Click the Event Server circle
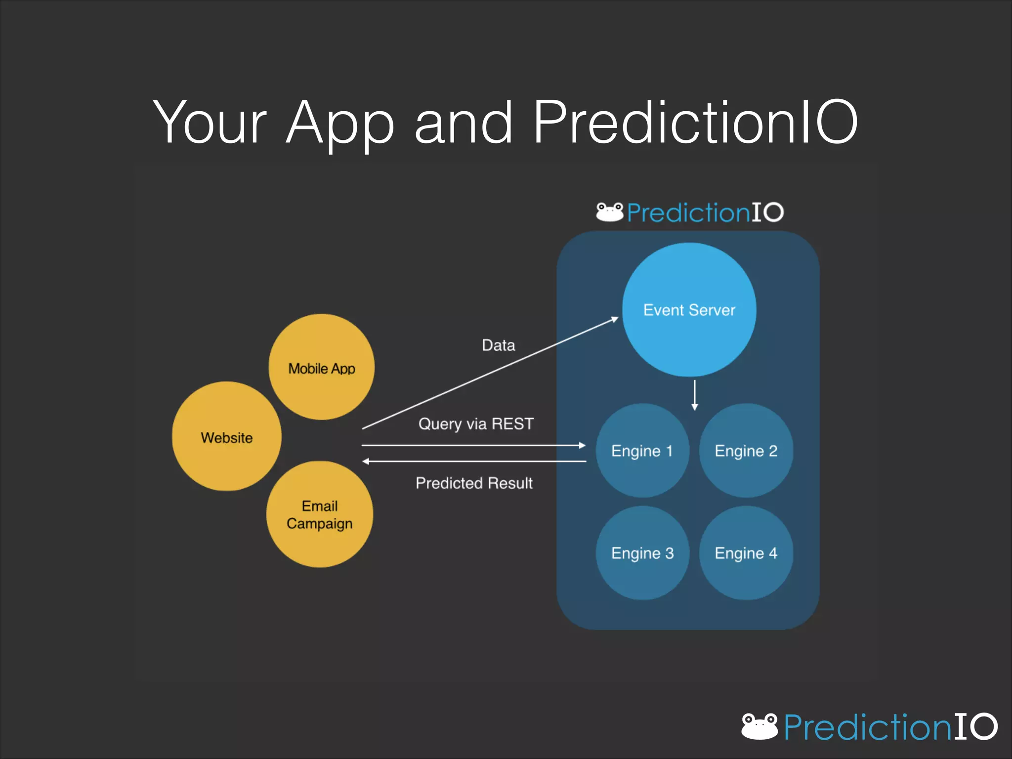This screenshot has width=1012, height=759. [x=689, y=310]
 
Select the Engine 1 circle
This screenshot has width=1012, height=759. [x=642, y=451]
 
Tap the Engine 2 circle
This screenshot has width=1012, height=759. [x=746, y=451]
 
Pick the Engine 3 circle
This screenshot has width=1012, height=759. [x=642, y=553]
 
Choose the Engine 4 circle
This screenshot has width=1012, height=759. [x=746, y=553]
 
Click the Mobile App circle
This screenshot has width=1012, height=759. [x=322, y=368]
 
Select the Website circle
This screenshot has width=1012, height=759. [x=227, y=437]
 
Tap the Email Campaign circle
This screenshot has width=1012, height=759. [x=320, y=514]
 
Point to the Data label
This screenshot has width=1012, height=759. [x=498, y=345]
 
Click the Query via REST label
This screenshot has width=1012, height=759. [x=475, y=423]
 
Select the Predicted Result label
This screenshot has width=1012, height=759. [x=474, y=483]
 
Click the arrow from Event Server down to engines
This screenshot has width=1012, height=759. [x=694, y=395]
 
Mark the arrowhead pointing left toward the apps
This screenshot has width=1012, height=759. [x=366, y=461]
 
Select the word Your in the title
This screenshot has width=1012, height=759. [x=210, y=123]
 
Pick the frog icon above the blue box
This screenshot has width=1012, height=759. [x=609, y=212]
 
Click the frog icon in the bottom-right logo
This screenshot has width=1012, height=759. [x=759, y=726]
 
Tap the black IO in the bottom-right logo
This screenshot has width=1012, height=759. [x=975, y=726]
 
